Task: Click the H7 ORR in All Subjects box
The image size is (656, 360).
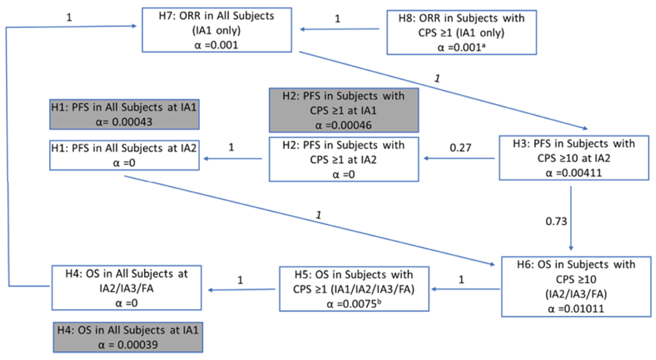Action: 217,30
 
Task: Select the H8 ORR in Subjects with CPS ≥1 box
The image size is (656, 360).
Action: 461,33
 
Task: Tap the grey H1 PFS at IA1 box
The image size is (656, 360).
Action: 124,114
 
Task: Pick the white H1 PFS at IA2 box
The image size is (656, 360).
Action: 124,155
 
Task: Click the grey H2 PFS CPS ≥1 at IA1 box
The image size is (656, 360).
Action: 343,110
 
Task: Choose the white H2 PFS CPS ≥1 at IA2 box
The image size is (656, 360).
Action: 343,159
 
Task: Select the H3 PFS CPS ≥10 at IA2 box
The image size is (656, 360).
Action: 574,158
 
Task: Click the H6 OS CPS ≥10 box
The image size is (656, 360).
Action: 576,286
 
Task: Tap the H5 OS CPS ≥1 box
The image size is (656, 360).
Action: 354,289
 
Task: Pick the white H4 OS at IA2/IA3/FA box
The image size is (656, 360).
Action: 126,288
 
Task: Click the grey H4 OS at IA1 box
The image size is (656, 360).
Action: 128,337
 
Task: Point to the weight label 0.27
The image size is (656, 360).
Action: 460,148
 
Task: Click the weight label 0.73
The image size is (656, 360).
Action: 556,222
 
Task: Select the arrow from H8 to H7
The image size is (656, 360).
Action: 340,29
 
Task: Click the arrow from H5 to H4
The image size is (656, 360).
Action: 242,290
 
